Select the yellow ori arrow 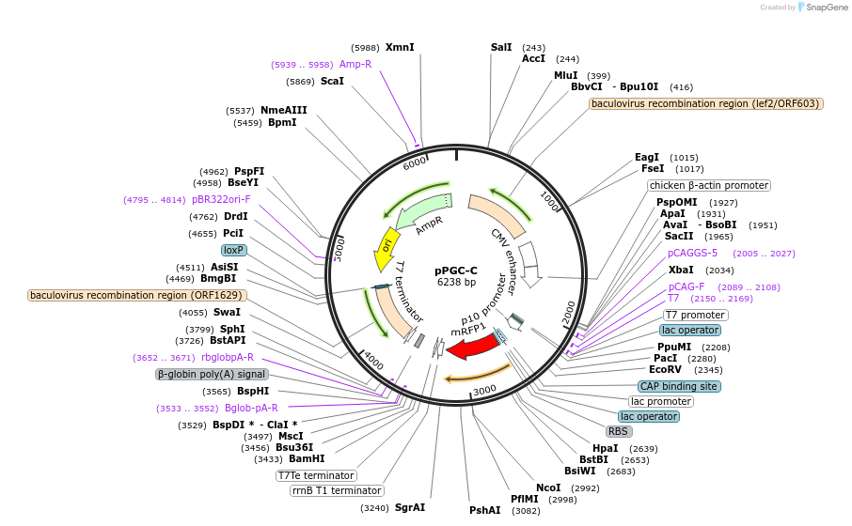pyautogui.click(x=386, y=246)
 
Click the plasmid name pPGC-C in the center pyautogui.click(x=456, y=270)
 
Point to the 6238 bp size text pyautogui.click(x=456, y=282)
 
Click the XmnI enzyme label pyautogui.click(x=400, y=47)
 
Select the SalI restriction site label pyautogui.click(x=501, y=47)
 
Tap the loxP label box pyautogui.click(x=233, y=251)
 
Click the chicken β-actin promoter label pyautogui.click(x=709, y=186)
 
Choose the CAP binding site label pyautogui.click(x=679, y=386)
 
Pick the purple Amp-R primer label pyautogui.click(x=355, y=64)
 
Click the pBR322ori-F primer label pyautogui.click(x=221, y=199)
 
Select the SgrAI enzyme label pyautogui.click(x=409, y=507)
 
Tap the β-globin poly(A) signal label pyautogui.click(x=212, y=374)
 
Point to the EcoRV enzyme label pyautogui.click(x=665, y=370)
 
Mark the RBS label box pyautogui.click(x=618, y=431)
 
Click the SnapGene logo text pyautogui.click(x=825, y=8)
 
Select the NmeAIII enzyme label pyautogui.click(x=283, y=110)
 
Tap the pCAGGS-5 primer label pyautogui.click(x=692, y=253)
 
